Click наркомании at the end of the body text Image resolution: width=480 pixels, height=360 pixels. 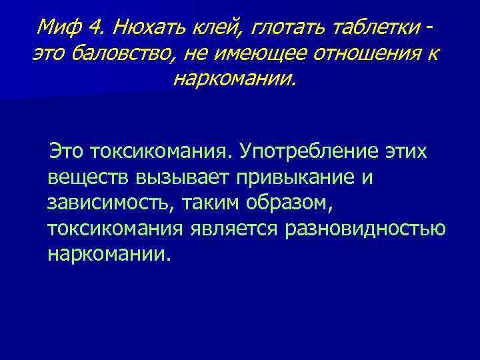tap(109, 255)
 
